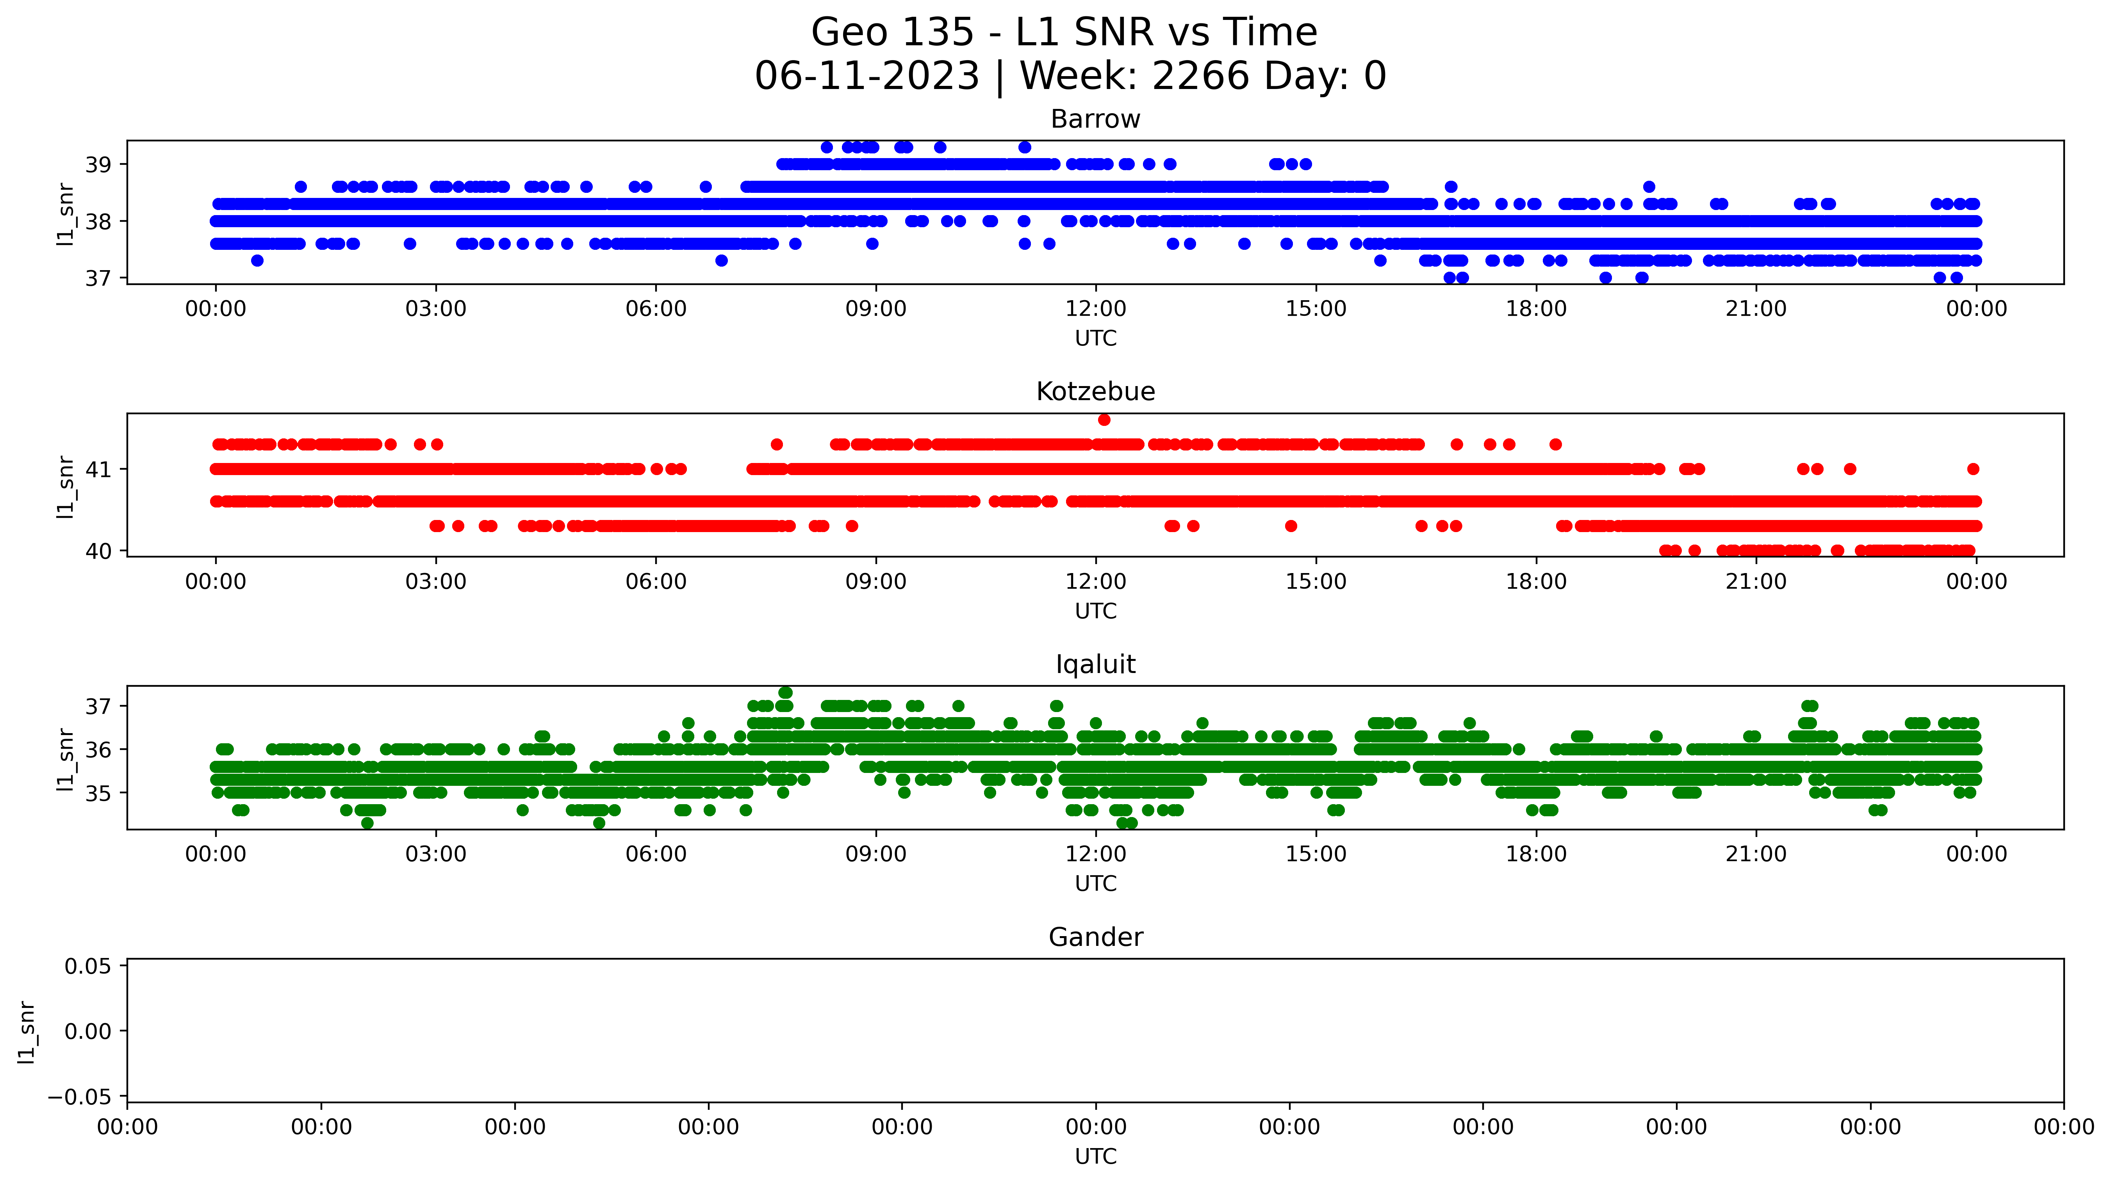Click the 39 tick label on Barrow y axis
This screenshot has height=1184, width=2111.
(98, 165)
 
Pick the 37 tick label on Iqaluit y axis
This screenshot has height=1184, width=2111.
(98, 706)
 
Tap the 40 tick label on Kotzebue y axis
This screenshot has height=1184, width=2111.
(98, 552)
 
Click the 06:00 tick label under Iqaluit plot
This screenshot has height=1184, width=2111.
(656, 855)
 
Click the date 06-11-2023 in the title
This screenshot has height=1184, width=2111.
(867, 76)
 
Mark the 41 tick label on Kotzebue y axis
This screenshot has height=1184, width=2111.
(98, 470)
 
